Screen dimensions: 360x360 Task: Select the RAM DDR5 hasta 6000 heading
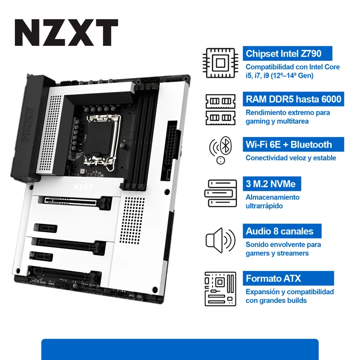coord(293,99)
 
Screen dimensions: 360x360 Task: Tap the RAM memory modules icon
coord(220,108)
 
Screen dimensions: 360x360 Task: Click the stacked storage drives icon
coord(220,194)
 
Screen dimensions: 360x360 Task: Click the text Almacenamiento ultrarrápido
coord(272,202)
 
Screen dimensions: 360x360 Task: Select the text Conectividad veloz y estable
coord(291,158)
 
